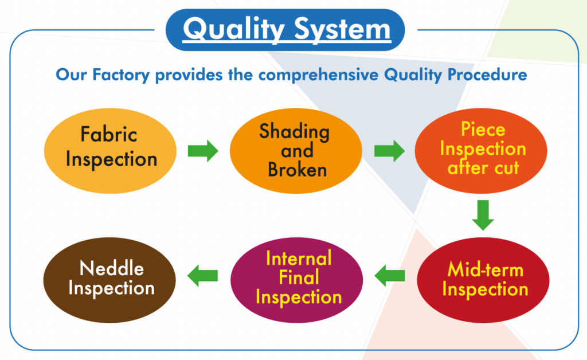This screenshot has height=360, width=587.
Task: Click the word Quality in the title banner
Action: pos(234,29)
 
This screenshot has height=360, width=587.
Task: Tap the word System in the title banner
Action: pos(342,29)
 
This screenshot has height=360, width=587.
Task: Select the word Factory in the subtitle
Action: pos(121,75)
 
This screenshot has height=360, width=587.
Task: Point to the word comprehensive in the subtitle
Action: pos(319,75)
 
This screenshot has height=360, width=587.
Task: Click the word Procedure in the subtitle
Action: pos(487,75)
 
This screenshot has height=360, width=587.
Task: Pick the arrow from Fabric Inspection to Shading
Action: pos(203,151)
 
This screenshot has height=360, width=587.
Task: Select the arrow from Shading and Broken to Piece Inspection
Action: pos(389,151)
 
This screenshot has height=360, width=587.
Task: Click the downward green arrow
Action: pos(483,215)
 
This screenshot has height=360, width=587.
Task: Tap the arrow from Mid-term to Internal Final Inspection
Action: pos(390,276)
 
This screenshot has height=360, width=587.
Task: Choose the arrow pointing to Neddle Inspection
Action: pos(202,276)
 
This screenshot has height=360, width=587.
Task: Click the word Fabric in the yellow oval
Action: pos(109,134)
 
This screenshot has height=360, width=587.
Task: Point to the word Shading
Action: pos(295,132)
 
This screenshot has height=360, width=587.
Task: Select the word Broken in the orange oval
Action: pos(298,170)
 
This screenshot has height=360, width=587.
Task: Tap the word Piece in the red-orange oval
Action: pos(483,130)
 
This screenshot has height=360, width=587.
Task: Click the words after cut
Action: pos(483,167)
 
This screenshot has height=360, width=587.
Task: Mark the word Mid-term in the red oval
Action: pos(486,269)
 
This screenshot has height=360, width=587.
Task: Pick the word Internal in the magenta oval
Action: pos(299,258)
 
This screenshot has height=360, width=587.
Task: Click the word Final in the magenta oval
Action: pos(299,277)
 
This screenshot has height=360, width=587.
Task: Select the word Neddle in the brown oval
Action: pos(112,268)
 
